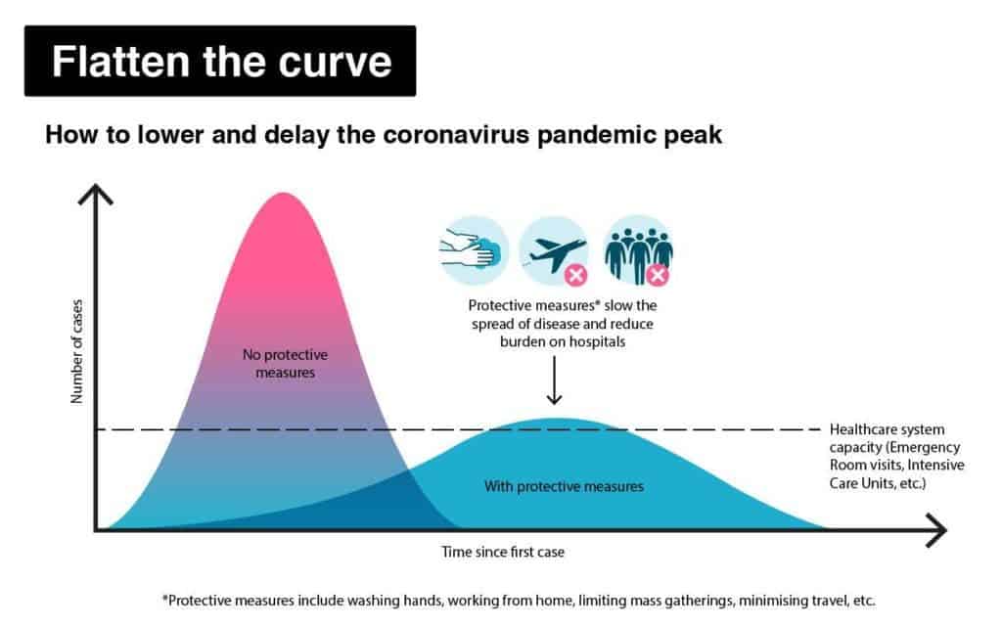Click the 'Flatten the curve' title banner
[220, 62]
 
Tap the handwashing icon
[474, 250]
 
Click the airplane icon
[554, 250]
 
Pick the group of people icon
[637, 250]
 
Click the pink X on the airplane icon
[575, 275]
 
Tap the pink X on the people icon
[657, 275]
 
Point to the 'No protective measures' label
[285, 363]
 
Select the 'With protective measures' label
[564, 486]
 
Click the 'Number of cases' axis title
[76, 351]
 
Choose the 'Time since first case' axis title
[503, 552]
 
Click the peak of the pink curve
[283, 193]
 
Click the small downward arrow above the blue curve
[554, 381]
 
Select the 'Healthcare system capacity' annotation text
[896, 456]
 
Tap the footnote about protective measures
[519, 601]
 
